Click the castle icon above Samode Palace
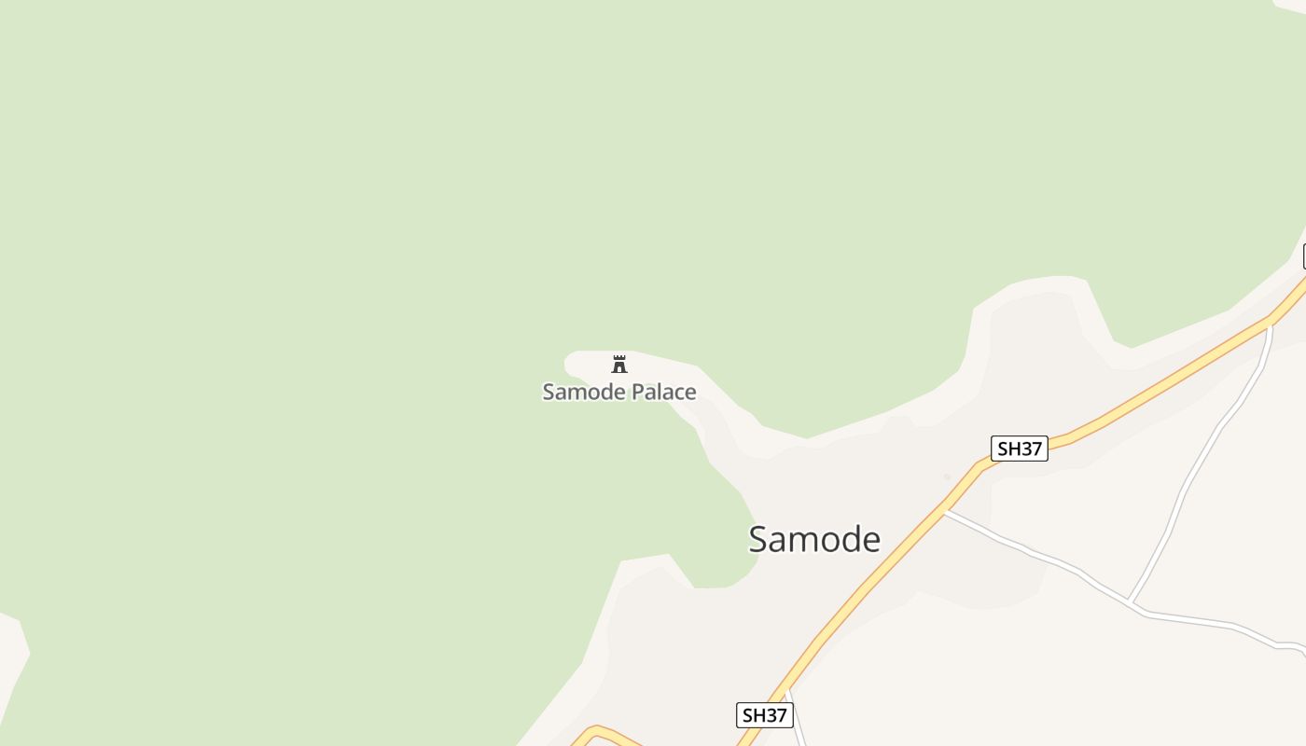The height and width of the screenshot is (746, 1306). [619, 364]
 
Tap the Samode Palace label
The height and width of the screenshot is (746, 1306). [619, 392]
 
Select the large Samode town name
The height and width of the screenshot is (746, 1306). [814, 539]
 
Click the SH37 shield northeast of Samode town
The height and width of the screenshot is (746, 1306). [1019, 449]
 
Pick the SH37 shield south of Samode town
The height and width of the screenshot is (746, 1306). [764, 715]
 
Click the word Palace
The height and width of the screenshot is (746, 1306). [660, 392]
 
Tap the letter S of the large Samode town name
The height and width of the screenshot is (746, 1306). [759, 539]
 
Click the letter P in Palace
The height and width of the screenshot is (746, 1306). [630, 392]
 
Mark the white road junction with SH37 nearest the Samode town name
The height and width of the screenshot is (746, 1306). [944, 510]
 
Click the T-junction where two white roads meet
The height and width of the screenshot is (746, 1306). [1131, 602]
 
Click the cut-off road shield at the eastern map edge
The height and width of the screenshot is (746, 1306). [1303, 256]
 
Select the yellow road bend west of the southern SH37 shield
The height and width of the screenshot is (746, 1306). [595, 728]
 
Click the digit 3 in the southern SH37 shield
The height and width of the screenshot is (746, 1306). [770, 715]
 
